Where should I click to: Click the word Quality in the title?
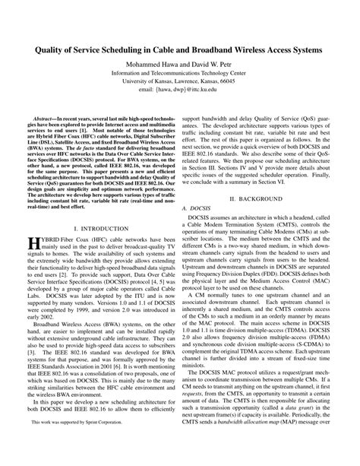click(46, 46)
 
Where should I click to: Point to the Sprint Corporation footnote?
click(70, 442)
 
